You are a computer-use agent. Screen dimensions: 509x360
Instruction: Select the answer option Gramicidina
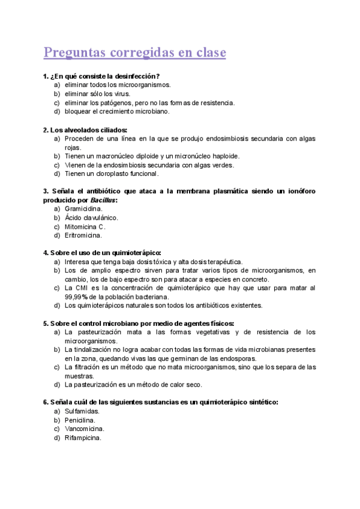point(83,209)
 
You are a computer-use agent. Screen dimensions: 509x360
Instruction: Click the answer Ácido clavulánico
point(91,218)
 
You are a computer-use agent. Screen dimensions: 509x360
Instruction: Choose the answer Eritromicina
point(83,235)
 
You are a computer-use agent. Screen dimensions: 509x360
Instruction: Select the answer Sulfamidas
point(82,411)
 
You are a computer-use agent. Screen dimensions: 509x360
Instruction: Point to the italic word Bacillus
point(103,200)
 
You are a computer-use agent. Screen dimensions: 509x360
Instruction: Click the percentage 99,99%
point(77,297)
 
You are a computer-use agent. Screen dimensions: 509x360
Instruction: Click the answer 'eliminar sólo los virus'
point(97,94)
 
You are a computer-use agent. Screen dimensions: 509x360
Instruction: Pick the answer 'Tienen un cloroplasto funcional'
point(112,174)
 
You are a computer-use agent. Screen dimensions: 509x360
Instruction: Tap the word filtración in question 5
point(89,367)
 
